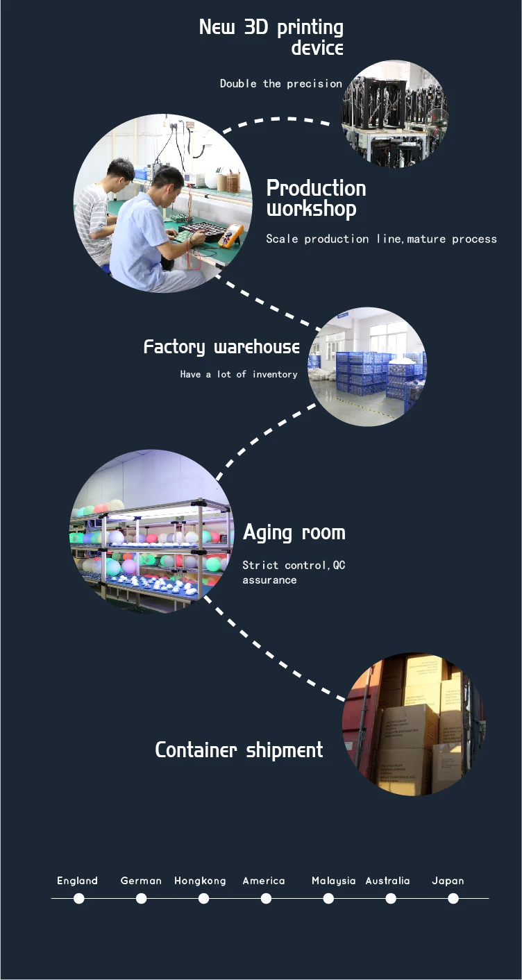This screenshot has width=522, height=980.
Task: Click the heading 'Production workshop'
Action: [x=316, y=198]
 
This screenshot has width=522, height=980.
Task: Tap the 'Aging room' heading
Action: [x=294, y=533]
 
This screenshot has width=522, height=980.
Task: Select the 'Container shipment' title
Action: [x=239, y=750]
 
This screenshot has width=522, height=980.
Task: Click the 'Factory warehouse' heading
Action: [x=221, y=347]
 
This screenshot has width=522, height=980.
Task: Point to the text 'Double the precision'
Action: [x=281, y=83]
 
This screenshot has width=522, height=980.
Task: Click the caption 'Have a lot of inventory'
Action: [x=239, y=374]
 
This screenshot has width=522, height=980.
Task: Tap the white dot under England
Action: [x=79, y=898]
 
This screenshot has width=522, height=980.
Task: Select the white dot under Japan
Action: [x=453, y=898]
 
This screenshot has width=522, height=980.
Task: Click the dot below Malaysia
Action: [x=328, y=898]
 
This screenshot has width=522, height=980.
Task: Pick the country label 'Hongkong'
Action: [x=200, y=881]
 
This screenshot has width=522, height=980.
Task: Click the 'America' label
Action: [x=264, y=881]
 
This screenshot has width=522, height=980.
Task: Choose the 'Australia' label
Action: [x=387, y=881]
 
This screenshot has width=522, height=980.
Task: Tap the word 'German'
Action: [x=141, y=881]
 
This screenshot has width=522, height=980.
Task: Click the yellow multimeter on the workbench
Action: [x=230, y=236]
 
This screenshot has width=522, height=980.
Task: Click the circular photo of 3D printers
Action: [x=394, y=114]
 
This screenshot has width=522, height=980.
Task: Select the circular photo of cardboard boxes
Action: [x=414, y=723]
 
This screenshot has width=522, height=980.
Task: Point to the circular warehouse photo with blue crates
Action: [x=367, y=366]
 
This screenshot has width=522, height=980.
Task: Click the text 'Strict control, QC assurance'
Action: [x=294, y=573]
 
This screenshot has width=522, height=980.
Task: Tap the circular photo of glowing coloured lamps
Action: [x=151, y=532]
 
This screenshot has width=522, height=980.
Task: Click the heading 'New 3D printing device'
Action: [x=271, y=37]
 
